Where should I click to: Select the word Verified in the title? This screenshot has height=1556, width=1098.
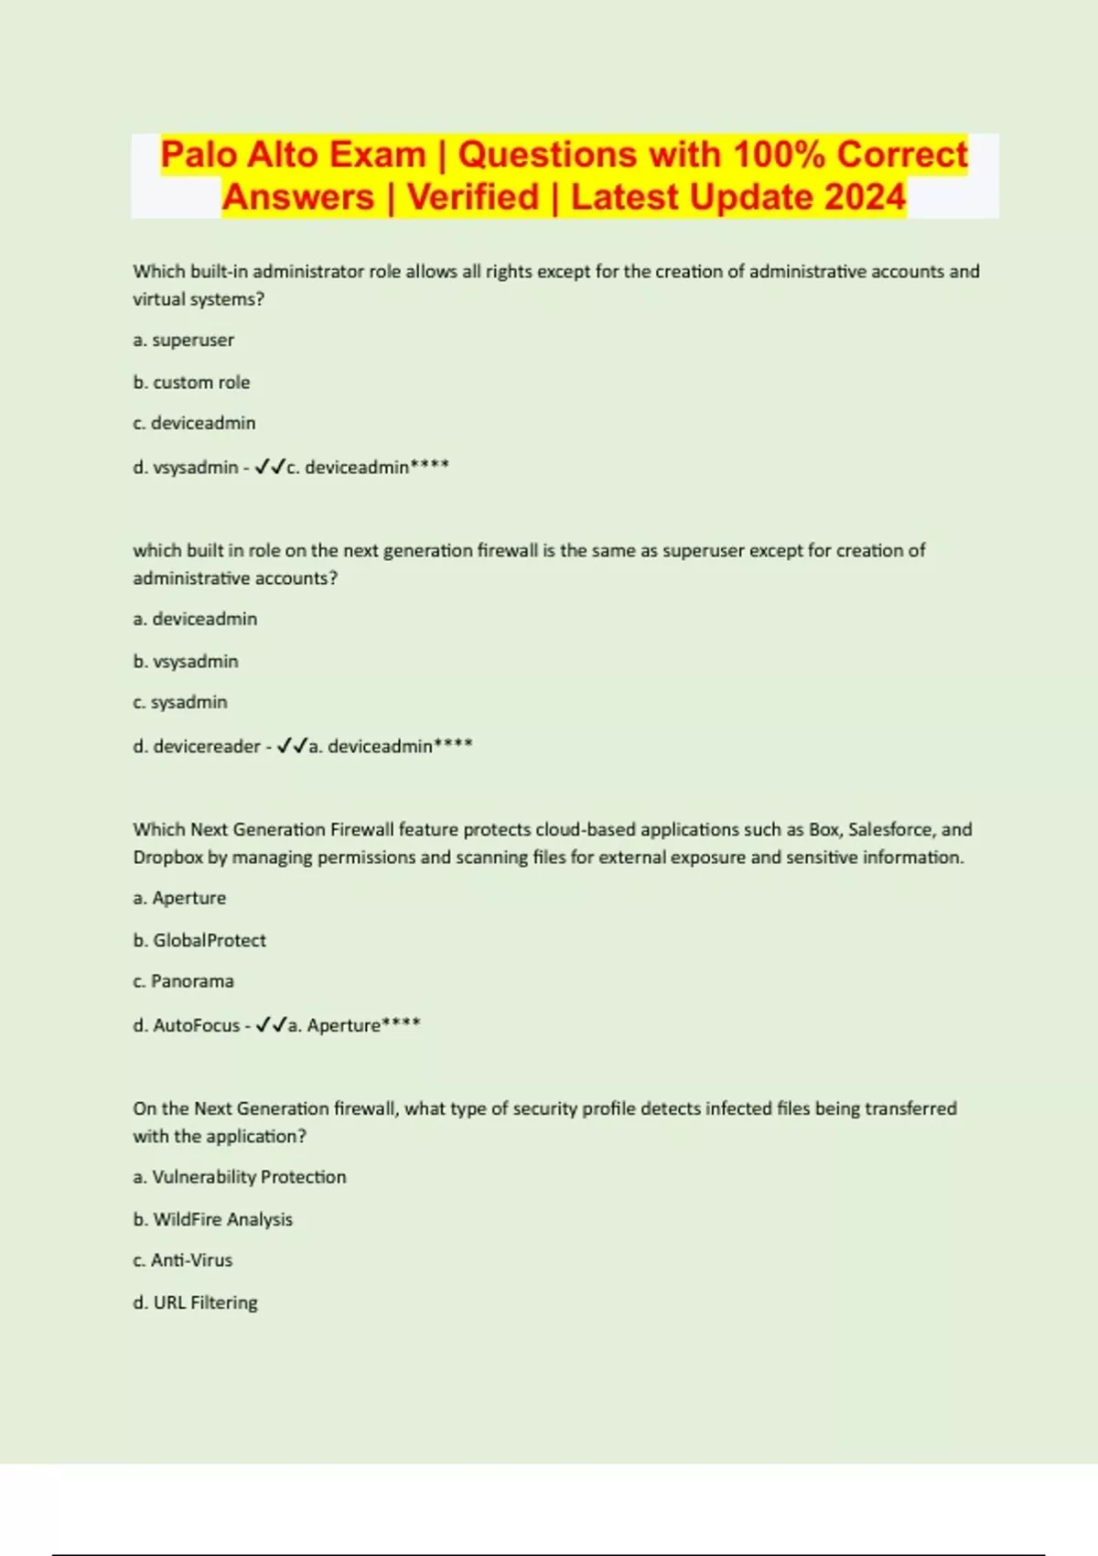click(473, 197)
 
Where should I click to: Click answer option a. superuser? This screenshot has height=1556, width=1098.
click(183, 340)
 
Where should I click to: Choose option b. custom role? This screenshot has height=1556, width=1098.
click(191, 382)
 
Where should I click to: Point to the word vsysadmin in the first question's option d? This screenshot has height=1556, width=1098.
click(196, 467)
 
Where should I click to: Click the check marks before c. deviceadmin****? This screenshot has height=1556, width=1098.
click(270, 467)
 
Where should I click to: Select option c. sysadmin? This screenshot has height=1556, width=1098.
click(180, 702)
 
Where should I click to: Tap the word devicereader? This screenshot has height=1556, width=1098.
click(207, 746)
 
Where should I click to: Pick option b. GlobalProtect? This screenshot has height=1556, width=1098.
click(199, 940)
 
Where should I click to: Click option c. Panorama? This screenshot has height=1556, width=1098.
click(183, 981)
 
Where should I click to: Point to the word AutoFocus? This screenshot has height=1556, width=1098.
click(197, 1025)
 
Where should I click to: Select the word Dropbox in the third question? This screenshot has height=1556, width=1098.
click(167, 858)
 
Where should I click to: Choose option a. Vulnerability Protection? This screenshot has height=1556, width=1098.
click(240, 1177)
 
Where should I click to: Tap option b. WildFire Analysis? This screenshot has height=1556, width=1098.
click(212, 1219)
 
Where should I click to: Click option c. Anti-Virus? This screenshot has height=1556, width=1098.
click(182, 1260)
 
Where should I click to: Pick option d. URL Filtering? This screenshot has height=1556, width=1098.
click(195, 1302)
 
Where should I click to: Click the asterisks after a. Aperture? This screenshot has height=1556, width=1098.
click(401, 1022)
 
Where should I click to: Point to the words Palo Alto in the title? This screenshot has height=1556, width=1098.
click(293, 154)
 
